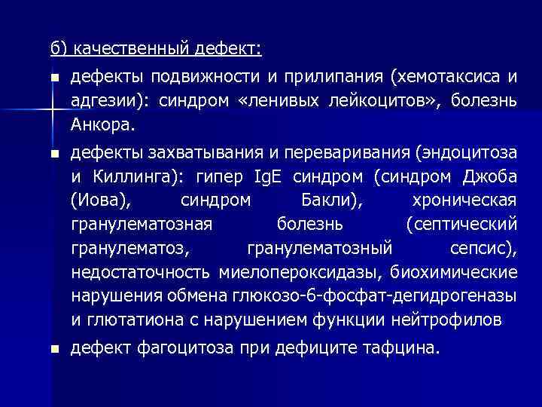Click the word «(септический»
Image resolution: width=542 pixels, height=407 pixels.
[x=461, y=224]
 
